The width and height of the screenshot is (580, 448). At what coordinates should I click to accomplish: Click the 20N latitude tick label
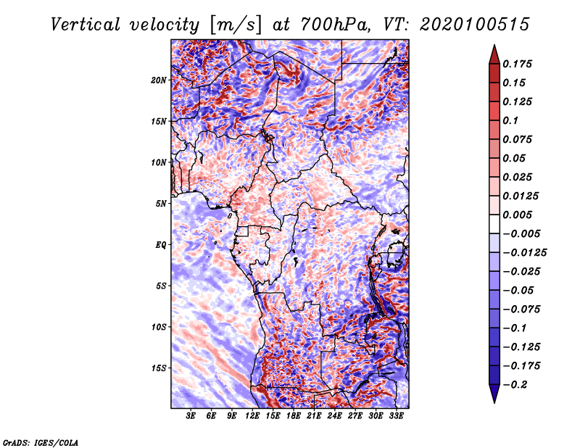click(x=159, y=80)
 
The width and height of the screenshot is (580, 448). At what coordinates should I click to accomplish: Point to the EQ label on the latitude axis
click(x=161, y=245)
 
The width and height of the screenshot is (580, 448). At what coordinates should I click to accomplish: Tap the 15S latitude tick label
click(x=159, y=368)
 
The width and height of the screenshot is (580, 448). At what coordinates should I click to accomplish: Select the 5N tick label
click(x=161, y=204)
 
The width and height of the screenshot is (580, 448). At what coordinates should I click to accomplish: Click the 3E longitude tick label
click(x=191, y=416)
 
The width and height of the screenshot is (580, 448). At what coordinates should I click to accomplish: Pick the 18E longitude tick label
click(x=294, y=416)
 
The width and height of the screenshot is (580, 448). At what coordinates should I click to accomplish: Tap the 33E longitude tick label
click(x=396, y=416)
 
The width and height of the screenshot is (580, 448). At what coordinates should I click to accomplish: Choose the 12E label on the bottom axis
click(x=252, y=416)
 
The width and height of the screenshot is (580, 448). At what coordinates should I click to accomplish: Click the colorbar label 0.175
click(x=517, y=64)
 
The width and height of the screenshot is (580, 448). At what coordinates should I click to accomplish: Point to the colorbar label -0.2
click(x=515, y=385)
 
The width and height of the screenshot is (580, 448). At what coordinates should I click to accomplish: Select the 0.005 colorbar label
click(x=517, y=215)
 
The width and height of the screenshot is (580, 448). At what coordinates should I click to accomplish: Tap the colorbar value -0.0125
click(x=525, y=253)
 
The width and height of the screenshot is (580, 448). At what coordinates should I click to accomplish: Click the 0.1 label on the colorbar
click(x=510, y=120)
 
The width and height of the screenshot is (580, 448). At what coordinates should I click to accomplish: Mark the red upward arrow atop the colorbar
click(x=494, y=54)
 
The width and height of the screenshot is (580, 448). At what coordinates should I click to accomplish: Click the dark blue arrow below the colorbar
click(x=494, y=394)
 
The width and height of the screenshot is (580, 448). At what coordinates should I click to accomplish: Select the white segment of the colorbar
click(x=494, y=224)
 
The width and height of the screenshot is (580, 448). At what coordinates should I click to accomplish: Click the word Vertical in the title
click(x=86, y=25)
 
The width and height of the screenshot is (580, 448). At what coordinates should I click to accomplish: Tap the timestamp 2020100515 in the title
click(x=474, y=25)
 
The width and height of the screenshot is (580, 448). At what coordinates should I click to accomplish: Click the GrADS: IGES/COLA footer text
click(x=41, y=442)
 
